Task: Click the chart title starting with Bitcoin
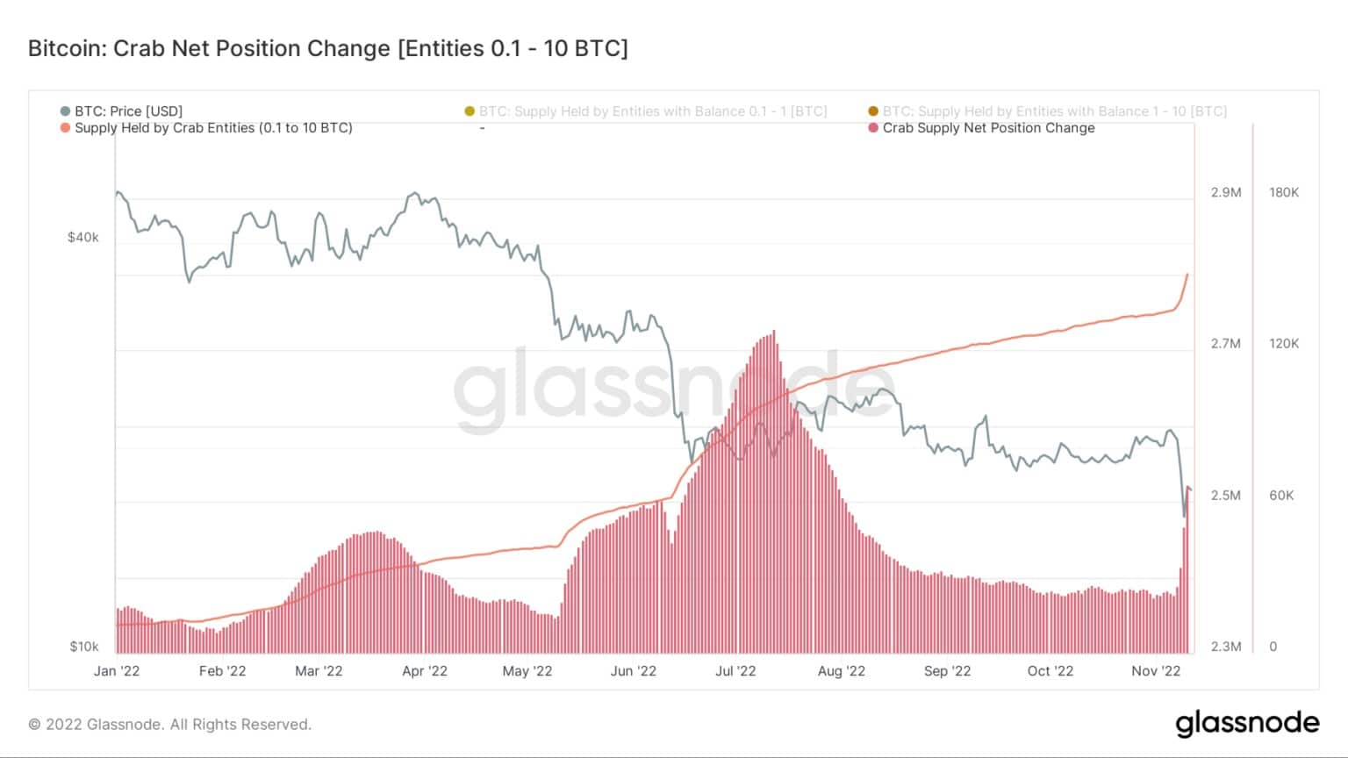(x=327, y=48)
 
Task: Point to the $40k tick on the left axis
(x=83, y=238)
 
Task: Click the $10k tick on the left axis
(x=84, y=647)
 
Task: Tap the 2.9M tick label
(x=1226, y=193)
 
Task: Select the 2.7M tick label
(x=1226, y=344)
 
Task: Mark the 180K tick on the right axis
(x=1283, y=193)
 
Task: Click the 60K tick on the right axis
(x=1281, y=496)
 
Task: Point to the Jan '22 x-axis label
(x=117, y=671)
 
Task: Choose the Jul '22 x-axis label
(x=735, y=671)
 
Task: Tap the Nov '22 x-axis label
(x=1156, y=671)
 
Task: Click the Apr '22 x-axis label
(x=425, y=671)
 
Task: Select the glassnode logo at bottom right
(x=1247, y=724)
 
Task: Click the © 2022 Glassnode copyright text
(x=170, y=725)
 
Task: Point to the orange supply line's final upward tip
(x=1187, y=275)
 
